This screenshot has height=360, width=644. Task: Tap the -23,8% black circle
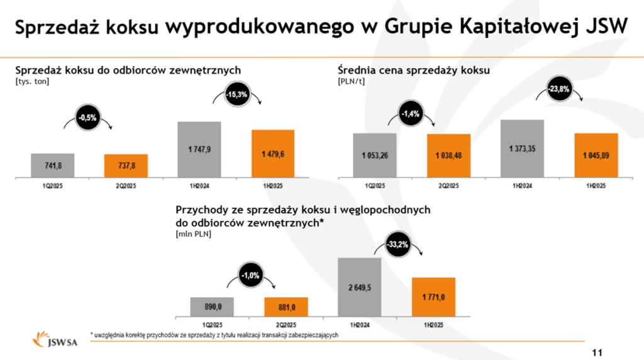(x=558, y=89)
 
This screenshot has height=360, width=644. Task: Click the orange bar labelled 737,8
(x=126, y=166)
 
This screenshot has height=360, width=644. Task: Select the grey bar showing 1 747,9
(x=199, y=149)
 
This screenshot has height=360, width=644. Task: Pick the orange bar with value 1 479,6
(x=273, y=154)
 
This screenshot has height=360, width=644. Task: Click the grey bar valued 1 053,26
(x=375, y=155)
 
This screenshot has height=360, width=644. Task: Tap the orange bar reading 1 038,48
(x=448, y=155)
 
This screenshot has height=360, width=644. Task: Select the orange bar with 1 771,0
(x=433, y=296)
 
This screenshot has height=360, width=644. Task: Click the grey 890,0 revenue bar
(x=212, y=307)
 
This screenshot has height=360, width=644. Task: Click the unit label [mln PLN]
(x=193, y=234)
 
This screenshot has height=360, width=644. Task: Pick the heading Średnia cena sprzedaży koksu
(x=413, y=70)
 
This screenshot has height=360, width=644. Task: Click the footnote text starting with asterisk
(x=214, y=335)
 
